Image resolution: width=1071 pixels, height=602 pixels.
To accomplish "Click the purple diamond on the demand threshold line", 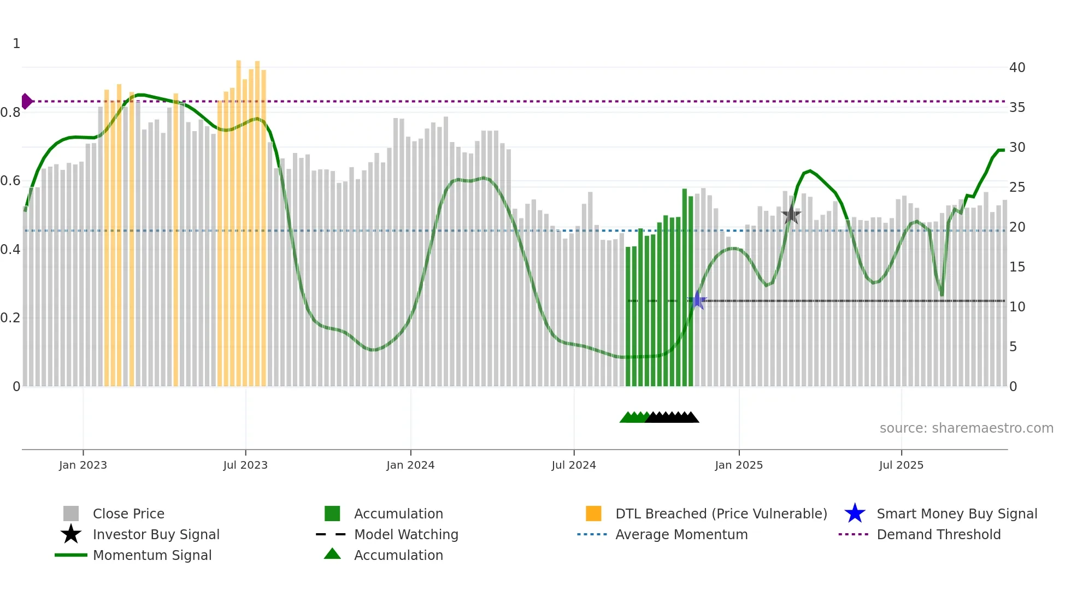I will point(26,101).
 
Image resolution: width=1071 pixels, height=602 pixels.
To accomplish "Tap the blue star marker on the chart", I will point(697,300).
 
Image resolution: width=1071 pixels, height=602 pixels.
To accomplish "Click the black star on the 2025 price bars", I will point(791,215).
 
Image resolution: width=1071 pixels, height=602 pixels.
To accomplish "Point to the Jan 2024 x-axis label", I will point(410,465).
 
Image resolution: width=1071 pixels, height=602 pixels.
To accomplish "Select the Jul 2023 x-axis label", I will point(245,465).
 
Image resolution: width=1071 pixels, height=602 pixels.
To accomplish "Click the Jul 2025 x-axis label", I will point(901,465).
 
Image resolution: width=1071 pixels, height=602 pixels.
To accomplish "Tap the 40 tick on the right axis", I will point(1017,68).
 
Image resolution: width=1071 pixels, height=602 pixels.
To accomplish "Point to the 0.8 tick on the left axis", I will point(11,113).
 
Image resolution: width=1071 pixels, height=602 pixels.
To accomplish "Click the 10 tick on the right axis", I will point(1017,307).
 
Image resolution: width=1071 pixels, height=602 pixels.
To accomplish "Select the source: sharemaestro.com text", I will point(966,428).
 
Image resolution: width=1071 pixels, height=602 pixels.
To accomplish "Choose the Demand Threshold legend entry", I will point(938,535).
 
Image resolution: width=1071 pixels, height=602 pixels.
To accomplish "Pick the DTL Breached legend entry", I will point(721,514).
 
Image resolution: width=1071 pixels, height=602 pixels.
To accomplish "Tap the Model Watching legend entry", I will point(405,535).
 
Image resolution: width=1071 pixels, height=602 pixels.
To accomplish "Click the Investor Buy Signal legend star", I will point(71,534).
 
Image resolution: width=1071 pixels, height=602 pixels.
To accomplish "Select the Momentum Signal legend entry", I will point(152,556).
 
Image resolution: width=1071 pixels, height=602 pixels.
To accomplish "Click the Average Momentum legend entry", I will point(681,535).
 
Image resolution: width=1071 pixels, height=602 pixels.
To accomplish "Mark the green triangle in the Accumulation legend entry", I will point(332,554).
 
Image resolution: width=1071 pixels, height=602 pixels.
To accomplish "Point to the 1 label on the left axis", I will point(16,44).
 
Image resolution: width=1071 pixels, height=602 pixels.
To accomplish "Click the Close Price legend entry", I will point(128,514).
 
